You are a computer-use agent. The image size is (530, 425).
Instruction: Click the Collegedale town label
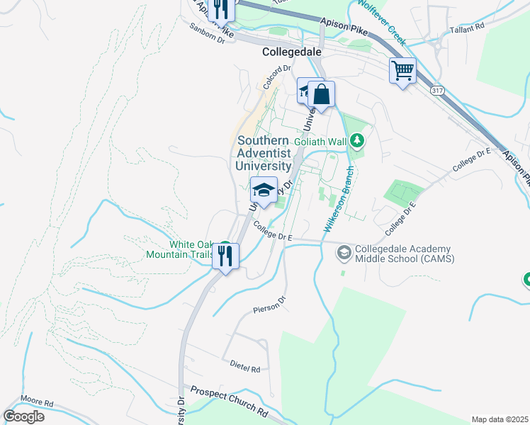pyautogui.click(x=291, y=52)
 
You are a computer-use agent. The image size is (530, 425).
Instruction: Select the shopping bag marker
pyautogui.click(x=320, y=95)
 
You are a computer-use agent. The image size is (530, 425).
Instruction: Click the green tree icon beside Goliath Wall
pyautogui.click(x=358, y=142)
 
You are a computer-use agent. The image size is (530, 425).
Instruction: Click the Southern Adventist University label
pyautogui.click(x=263, y=153)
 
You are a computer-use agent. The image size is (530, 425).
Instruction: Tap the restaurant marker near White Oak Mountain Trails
pyautogui.click(x=226, y=256)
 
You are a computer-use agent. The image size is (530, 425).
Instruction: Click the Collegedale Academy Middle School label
pyautogui.click(x=405, y=254)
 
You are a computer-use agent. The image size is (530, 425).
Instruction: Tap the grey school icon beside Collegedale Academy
pyautogui.click(x=344, y=252)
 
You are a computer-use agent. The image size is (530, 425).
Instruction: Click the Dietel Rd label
pyautogui.click(x=245, y=366)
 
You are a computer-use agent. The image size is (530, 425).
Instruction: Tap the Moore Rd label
pyautogui.click(x=37, y=402)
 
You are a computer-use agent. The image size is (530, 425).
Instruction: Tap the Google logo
pyautogui.click(x=23, y=416)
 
